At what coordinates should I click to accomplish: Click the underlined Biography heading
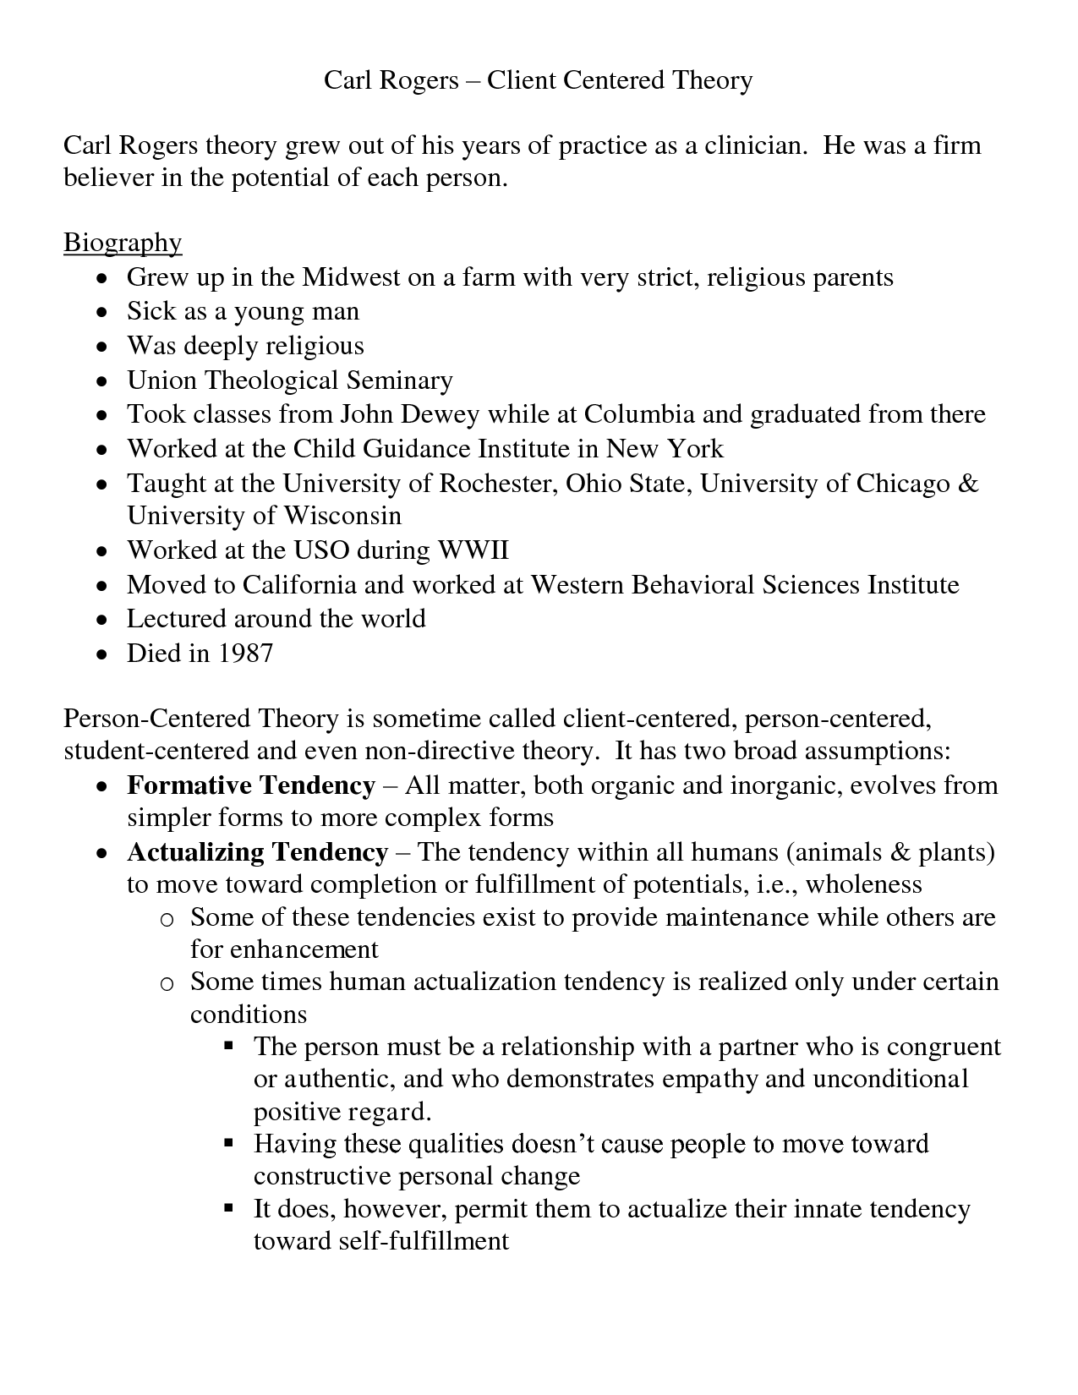pyautogui.click(x=123, y=243)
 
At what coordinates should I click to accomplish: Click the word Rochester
pyautogui.click(x=496, y=484)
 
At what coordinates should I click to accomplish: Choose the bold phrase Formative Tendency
pyautogui.click(x=250, y=785)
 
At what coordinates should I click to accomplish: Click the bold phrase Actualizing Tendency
pyautogui.click(x=257, y=851)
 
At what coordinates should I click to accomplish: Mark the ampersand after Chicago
pyautogui.click(x=969, y=484)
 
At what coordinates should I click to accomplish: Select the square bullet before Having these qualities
pyautogui.click(x=228, y=1143)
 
